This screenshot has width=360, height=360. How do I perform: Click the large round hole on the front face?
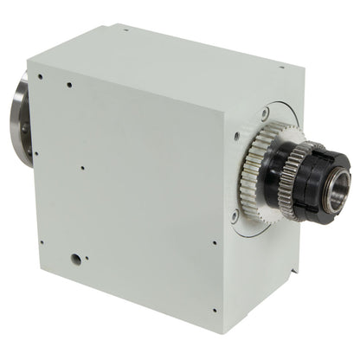(x=76, y=258)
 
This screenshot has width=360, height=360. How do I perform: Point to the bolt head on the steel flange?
(x=23, y=130)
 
